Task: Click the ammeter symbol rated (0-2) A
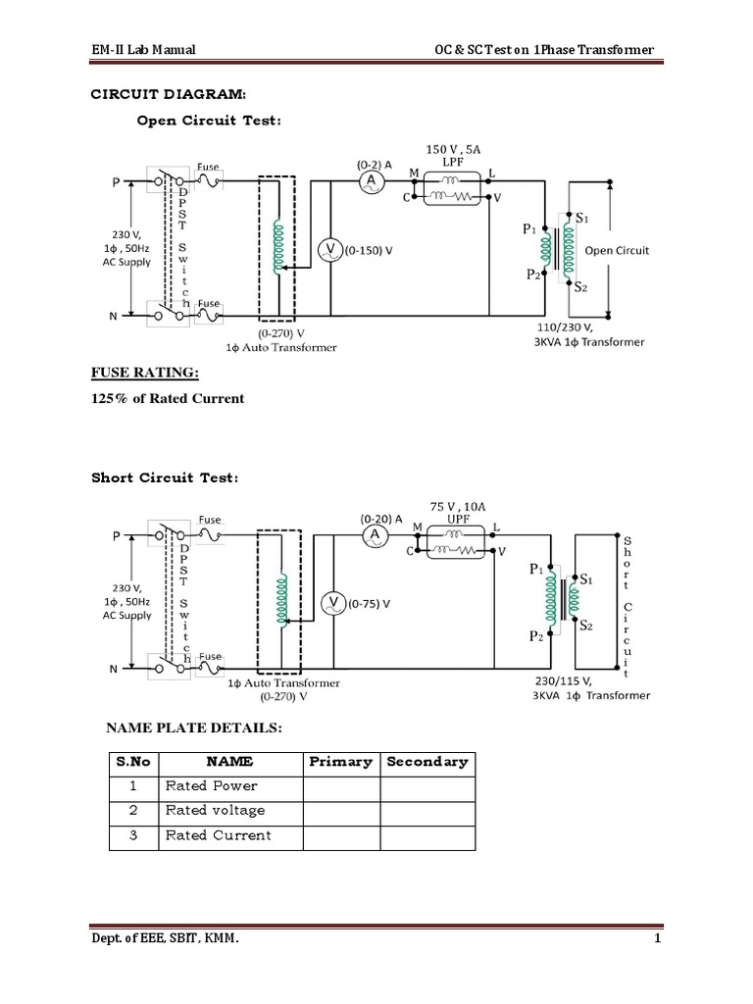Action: click(x=371, y=182)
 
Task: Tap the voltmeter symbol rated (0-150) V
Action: click(x=330, y=250)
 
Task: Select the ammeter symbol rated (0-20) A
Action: click(x=375, y=536)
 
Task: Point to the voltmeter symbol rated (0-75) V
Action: click(x=333, y=603)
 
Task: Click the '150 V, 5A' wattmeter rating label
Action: click(x=453, y=149)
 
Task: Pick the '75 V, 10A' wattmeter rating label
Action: click(x=458, y=507)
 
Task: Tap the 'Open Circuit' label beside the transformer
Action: click(x=617, y=250)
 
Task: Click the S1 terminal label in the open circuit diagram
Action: click(x=582, y=219)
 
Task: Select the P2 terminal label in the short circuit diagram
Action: click(x=536, y=635)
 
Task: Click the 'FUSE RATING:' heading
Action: click(x=145, y=373)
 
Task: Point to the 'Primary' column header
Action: click(x=340, y=762)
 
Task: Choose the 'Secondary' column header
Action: click(x=427, y=762)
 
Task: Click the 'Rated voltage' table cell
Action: click(x=215, y=811)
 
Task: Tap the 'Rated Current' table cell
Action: click(x=219, y=835)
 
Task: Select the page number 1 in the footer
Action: click(x=658, y=938)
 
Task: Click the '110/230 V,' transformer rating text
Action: click(x=565, y=327)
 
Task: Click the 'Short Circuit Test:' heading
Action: click(x=165, y=477)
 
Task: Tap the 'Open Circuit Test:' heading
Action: click(x=209, y=121)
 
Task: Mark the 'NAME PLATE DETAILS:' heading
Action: click(x=194, y=728)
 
